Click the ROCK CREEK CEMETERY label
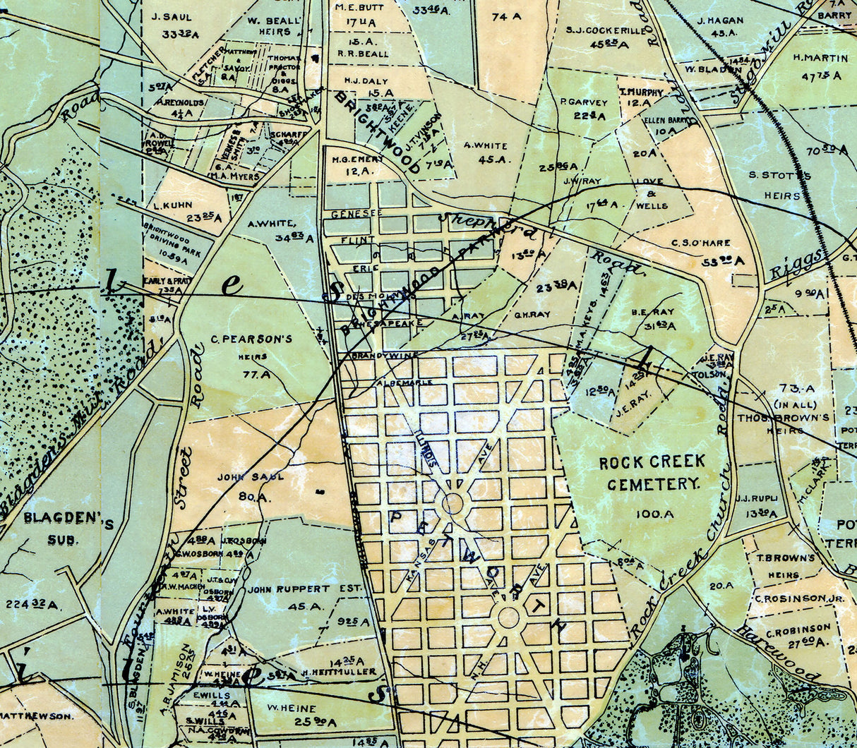point(652,473)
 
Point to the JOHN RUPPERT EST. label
point(304,589)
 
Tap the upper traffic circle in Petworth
point(453,504)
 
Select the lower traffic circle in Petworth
point(508,617)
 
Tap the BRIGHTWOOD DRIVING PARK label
point(167,237)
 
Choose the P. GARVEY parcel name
point(584,102)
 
